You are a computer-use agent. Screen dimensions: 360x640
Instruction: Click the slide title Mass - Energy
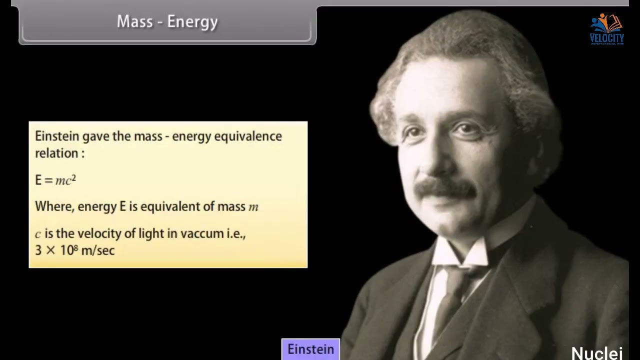click(x=167, y=22)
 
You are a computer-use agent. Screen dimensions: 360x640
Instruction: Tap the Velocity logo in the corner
click(x=606, y=29)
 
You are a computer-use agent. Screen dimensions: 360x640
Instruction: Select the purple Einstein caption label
click(x=310, y=349)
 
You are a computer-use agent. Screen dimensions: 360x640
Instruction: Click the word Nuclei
click(x=596, y=353)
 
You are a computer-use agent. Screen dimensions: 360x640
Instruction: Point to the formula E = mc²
click(x=55, y=180)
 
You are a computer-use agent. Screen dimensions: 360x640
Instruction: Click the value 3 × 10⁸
click(x=56, y=250)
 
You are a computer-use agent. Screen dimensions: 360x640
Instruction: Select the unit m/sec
click(x=98, y=250)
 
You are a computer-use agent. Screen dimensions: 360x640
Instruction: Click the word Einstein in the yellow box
click(x=57, y=136)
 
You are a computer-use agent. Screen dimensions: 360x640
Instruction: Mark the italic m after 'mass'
click(x=253, y=207)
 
